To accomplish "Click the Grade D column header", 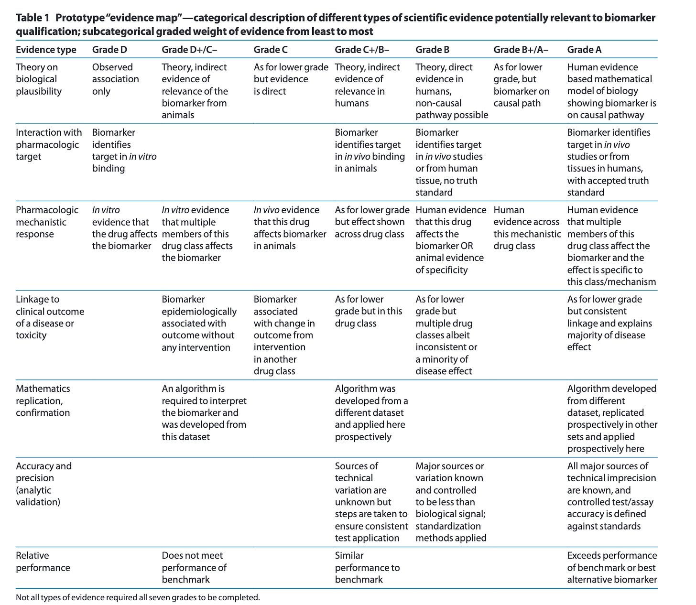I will point(109,50).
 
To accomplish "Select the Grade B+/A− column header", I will point(521,50).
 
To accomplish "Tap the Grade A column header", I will point(584,50).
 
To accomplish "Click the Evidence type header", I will point(46,50).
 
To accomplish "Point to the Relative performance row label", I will point(43,562).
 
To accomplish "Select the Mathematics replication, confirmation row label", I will point(43,400).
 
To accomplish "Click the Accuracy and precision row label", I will point(43,484).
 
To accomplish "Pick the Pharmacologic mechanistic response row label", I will point(47,222).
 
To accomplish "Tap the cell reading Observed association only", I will point(115,79).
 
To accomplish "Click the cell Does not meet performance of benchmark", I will point(194,567).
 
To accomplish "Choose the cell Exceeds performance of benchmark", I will point(611,567).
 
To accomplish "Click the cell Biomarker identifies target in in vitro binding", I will point(124,150).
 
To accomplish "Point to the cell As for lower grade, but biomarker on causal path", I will point(521,85).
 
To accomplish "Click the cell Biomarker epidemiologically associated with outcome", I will point(199,323).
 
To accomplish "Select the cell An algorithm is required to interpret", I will point(204,412).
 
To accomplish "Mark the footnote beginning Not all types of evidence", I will point(138,597).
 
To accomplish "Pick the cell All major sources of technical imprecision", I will point(611,496).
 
